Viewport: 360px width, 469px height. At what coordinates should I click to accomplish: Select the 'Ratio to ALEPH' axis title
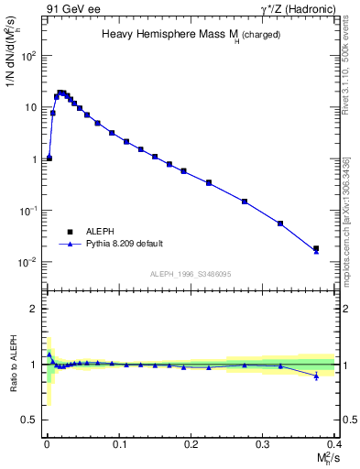coord(12,364)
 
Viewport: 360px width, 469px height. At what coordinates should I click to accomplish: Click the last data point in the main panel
coord(316,248)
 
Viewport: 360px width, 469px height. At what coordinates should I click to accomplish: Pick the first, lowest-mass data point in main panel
coord(49,158)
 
